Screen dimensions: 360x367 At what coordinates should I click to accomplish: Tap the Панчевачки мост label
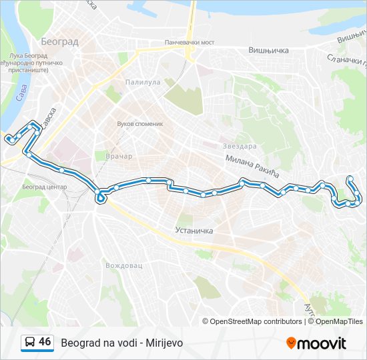(x=193, y=43)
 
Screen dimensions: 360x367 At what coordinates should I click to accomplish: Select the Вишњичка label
(x=268, y=50)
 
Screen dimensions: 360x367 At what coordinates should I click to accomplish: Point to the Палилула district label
(x=143, y=83)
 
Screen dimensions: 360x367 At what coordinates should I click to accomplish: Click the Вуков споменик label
(x=139, y=124)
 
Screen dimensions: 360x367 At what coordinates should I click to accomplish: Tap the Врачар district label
(x=119, y=156)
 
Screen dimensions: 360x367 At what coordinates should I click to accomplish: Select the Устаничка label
(x=193, y=231)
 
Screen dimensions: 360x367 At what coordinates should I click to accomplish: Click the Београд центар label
(x=45, y=187)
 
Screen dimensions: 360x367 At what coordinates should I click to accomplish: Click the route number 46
(x=45, y=342)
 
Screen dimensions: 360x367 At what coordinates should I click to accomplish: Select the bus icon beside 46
(x=30, y=343)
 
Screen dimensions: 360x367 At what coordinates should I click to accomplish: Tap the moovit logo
(x=316, y=343)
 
